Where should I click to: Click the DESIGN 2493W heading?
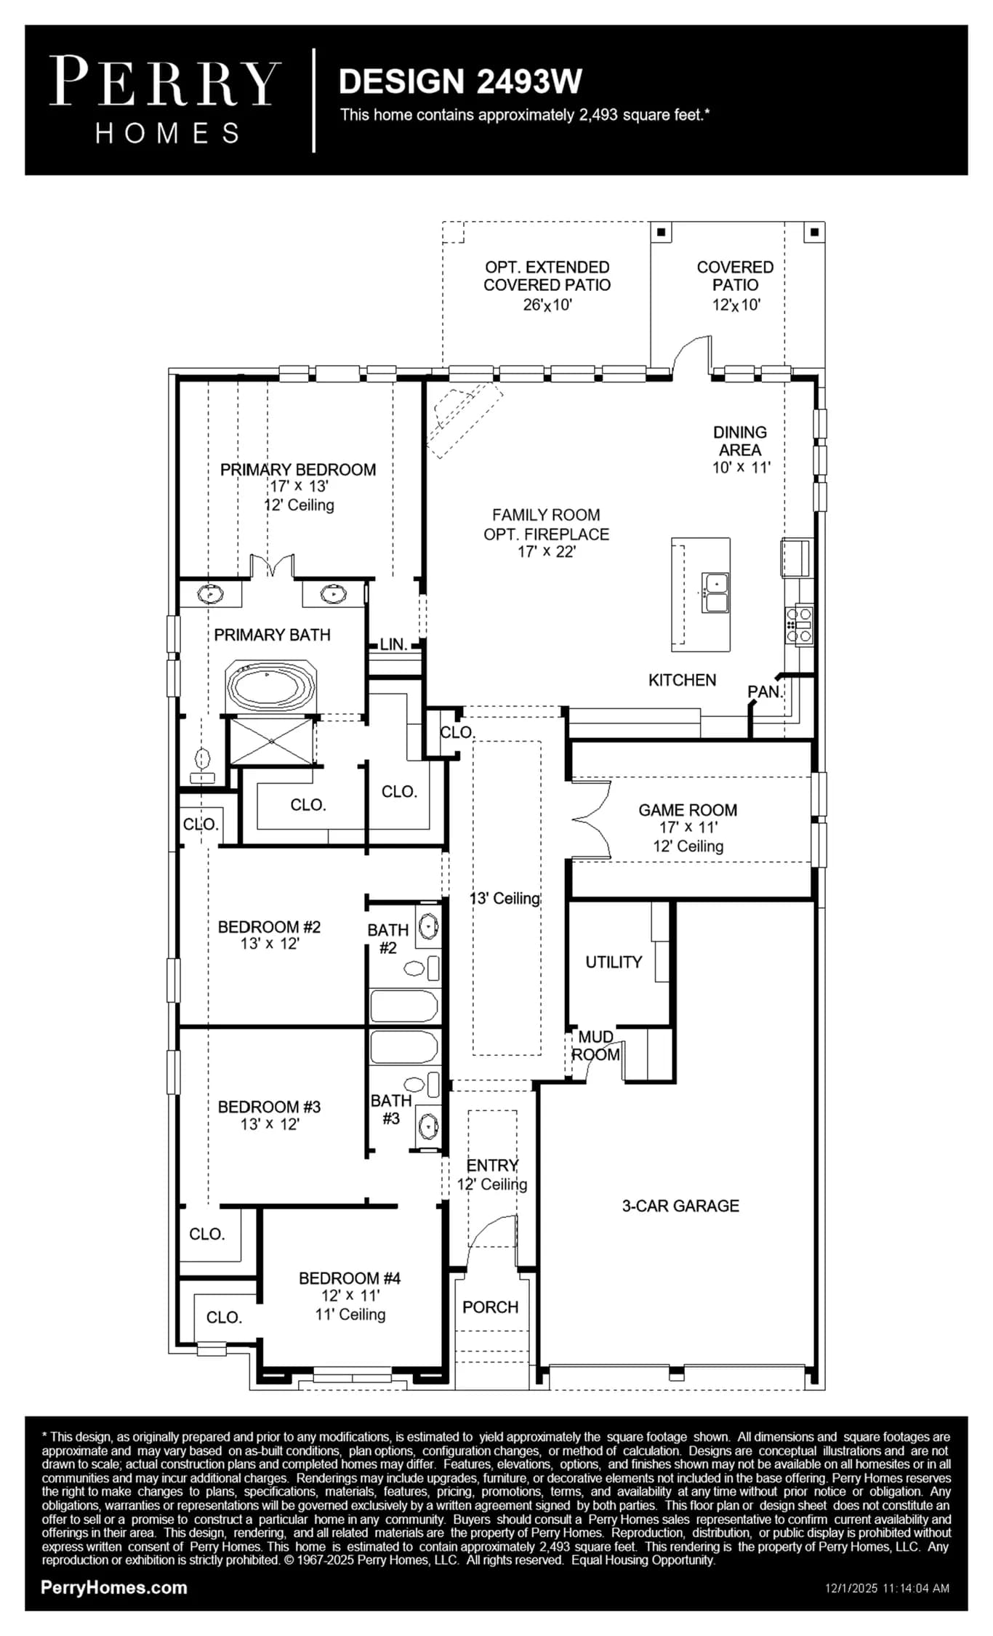click(460, 81)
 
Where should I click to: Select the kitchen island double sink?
click(715, 593)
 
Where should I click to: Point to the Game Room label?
click(688, 810)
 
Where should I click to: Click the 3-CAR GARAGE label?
click(680, 1206)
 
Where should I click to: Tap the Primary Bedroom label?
click(298, 470)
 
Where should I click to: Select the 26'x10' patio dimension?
click(547, 305)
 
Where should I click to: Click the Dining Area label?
click(740, 441)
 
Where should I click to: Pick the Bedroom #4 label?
click(350, 1278)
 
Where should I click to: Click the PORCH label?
click(491, 1307)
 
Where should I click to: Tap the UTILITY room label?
click(614, 962)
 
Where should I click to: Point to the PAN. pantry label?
click(765, 691)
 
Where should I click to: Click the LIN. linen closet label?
click(393, 644)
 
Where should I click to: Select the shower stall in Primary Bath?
click(271, 741)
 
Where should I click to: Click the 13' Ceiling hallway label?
click(505, 899)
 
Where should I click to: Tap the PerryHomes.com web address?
click(114, 1587)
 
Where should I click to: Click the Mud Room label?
click(596, 1046)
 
